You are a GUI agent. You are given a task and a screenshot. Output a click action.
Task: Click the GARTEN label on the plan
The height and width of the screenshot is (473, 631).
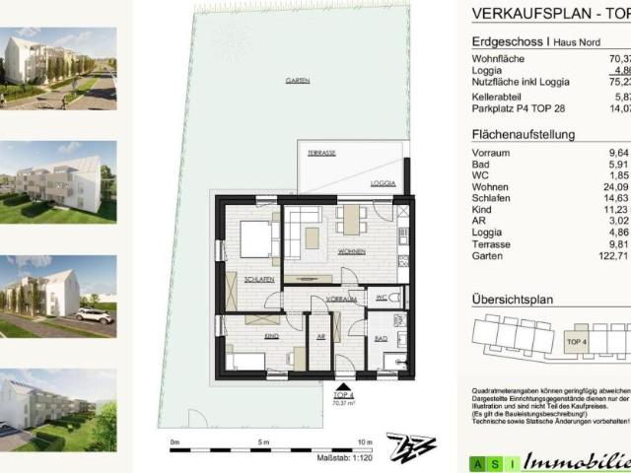pyautogui.click(x=291, y=82)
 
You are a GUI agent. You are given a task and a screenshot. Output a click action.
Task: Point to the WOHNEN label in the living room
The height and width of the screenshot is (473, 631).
pyautogui.click(x=324, y=252)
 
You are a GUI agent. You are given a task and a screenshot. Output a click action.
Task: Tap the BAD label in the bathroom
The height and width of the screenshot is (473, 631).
pyautogui.click(x=380, y=339)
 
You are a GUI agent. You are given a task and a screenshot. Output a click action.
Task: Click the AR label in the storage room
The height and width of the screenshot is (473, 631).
pyautogui.click(x=320, y=337)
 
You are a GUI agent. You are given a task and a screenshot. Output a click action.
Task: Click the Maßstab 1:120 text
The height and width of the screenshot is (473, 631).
pyautogui.click(x=341, y=460)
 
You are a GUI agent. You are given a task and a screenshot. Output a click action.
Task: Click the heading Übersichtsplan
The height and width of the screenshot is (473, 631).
pyautogui.click(x=513, y=300)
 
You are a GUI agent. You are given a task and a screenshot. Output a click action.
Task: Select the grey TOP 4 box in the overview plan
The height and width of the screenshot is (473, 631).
pyautogui.click(x=576, y=342)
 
